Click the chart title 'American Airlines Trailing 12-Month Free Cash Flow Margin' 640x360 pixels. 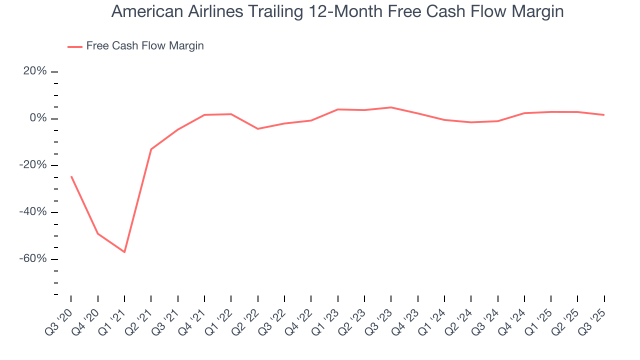point(337,11)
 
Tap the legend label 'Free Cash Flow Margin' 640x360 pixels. point(145,46)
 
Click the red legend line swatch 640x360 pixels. point(75,46)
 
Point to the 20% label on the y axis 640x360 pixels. point(35,71)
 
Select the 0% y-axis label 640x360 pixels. point(38,118)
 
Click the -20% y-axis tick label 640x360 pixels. point(33,165)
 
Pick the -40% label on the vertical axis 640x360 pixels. point(33,212)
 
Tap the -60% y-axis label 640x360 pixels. point(33,259)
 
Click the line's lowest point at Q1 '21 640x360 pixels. point(124,252)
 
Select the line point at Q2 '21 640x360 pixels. point(151,149)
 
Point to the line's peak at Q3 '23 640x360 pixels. point(391,107)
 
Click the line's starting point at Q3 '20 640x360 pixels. point(71,176)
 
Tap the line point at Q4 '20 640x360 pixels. point(97,233)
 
